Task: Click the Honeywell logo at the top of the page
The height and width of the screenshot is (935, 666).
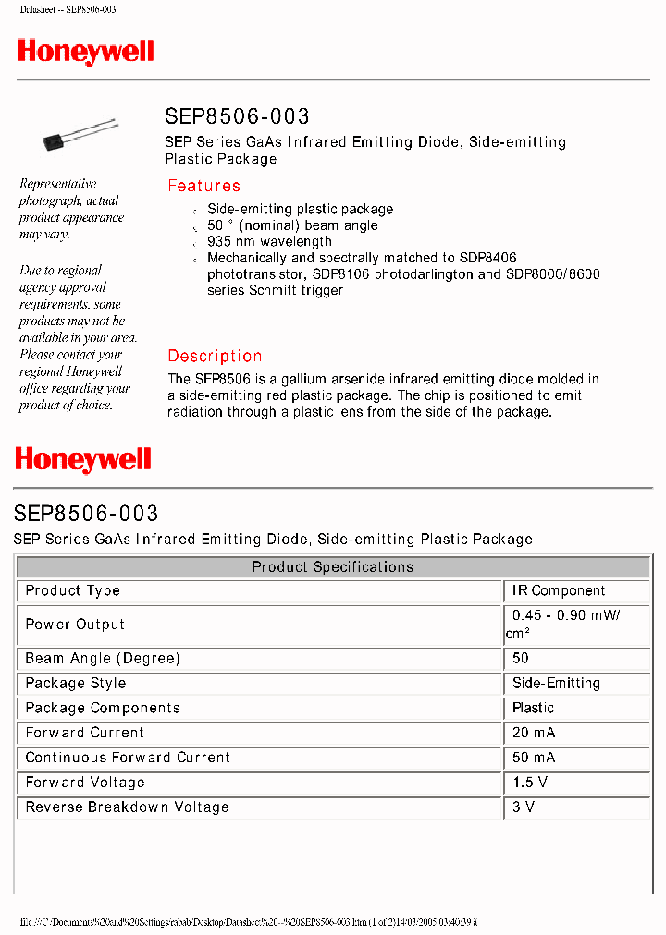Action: point(85,52)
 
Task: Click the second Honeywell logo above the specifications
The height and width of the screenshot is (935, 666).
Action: point(83,459)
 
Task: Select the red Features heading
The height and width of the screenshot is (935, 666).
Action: point(203,186)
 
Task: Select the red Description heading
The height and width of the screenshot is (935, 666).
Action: point(215,356)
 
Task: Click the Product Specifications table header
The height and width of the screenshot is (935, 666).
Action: point(333,566)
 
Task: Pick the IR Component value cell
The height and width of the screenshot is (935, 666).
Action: point(559,590)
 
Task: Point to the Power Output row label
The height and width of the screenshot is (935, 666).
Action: point(75,625)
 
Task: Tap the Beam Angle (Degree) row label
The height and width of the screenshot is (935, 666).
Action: point(103,658)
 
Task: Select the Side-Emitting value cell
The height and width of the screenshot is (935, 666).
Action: point(556,683)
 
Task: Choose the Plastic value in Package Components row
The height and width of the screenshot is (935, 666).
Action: point(534,708)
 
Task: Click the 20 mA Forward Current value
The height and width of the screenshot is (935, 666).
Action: point(534,733)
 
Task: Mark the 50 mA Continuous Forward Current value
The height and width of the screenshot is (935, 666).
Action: point(534,758)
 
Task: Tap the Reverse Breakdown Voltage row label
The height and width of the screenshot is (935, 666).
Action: point(127,807)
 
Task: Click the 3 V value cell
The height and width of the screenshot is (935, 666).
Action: point(524,807)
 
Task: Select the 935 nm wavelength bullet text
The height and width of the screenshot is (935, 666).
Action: point(269,242)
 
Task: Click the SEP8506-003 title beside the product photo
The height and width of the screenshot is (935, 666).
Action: point(237,116)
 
